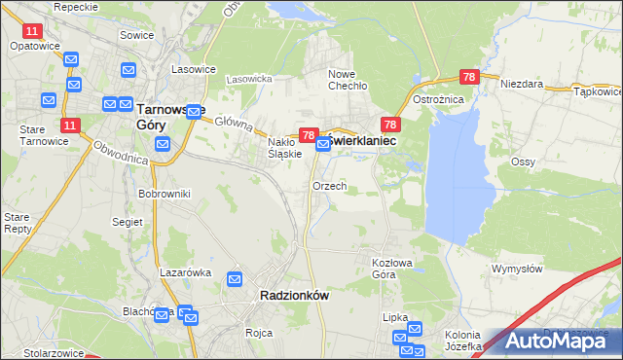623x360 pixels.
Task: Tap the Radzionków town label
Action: click(x=295, y=295)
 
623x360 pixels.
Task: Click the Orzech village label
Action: click(x=329, y=186)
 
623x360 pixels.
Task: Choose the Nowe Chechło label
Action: click(x=348, y=81)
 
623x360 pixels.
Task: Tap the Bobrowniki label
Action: click(x=164, y=195)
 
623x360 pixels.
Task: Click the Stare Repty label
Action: click(x=18, y=223)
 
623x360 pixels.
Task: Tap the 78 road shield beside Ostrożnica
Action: click(x=469, y=77)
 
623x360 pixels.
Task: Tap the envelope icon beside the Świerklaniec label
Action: click(x=323, y=144)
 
